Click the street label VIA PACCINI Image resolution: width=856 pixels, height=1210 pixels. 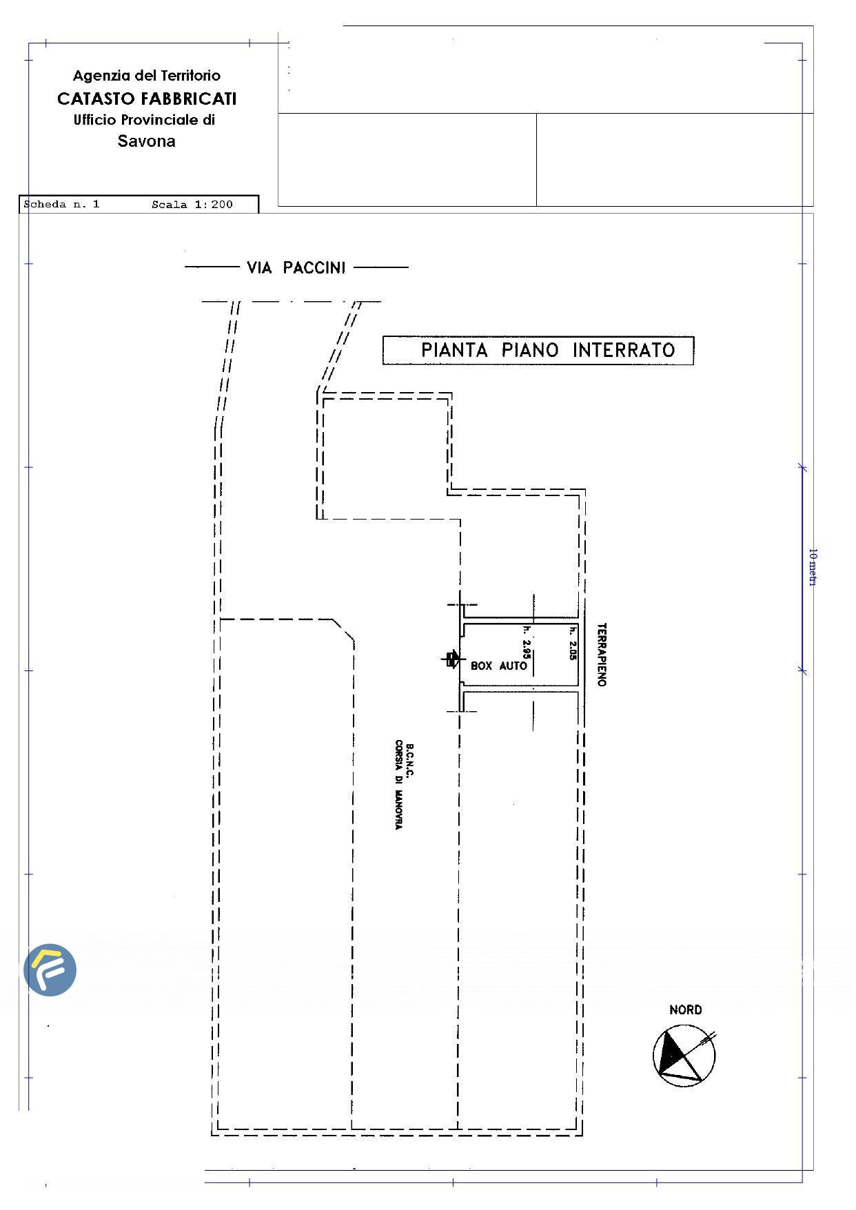296,267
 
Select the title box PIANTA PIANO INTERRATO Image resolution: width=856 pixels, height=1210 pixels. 538,350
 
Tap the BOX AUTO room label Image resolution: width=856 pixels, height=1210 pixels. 499,666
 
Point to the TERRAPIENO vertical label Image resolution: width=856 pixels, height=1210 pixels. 602,655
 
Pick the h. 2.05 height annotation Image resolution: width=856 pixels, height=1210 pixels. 572,643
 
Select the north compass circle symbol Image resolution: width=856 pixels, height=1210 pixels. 684,1056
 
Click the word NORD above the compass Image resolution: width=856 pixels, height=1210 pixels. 686,1009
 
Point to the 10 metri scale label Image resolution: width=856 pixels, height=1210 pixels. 813,567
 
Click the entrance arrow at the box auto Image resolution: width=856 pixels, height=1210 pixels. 451,659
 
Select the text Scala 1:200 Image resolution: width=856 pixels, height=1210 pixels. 192,205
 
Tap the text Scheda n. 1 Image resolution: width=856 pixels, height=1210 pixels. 62,205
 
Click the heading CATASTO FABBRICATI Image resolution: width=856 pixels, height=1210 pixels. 147,99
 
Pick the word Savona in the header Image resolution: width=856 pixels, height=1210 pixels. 147,141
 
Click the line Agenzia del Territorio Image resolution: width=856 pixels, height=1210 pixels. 147,76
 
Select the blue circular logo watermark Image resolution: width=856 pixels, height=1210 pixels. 50,970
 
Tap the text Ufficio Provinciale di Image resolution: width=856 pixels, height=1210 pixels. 145,120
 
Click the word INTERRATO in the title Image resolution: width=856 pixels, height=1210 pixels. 624,350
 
